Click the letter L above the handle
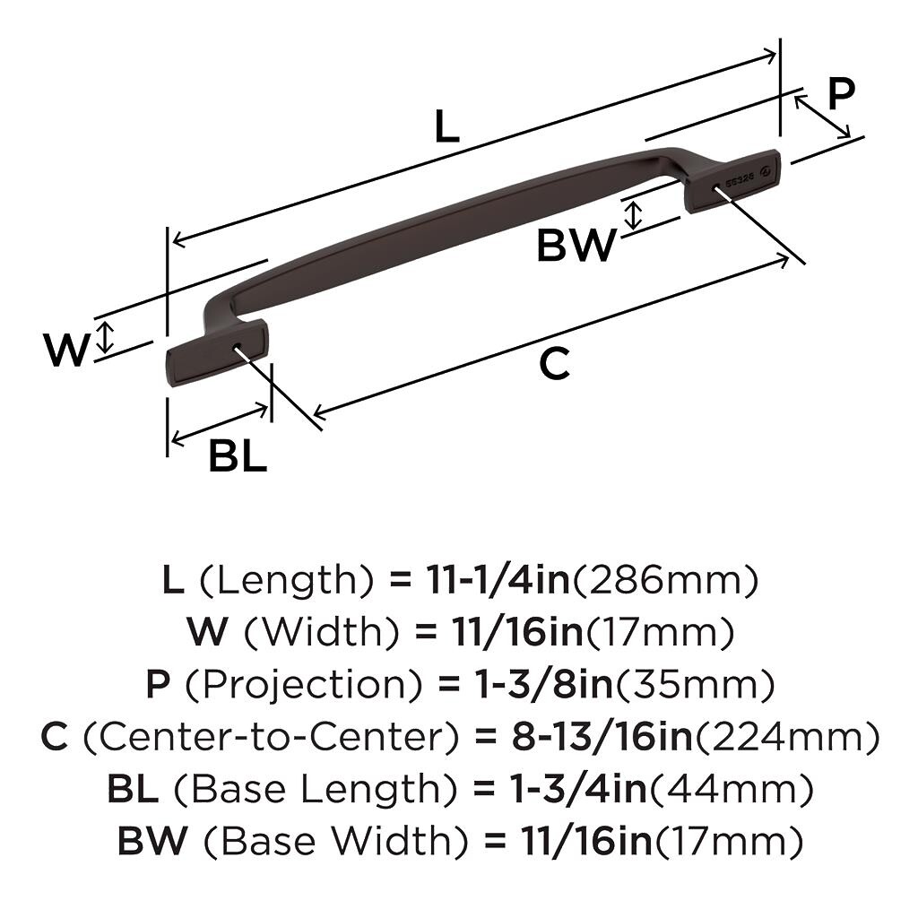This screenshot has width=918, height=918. [446, 126]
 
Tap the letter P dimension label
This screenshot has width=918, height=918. [840, 93]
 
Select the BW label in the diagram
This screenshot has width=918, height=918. [576, 245]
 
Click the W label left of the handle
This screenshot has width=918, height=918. [67, 350]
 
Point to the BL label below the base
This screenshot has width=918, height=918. [238, 456]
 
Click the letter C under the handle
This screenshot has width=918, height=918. [555, 364]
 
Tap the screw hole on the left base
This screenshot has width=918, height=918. [238, 347]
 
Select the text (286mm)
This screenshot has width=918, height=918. [665, 581]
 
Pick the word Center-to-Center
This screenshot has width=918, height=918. [269, 738]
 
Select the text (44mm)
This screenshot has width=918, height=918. [731, 790]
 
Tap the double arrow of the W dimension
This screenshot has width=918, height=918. [106, 337]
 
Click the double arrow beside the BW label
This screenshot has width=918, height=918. [635, 215]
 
